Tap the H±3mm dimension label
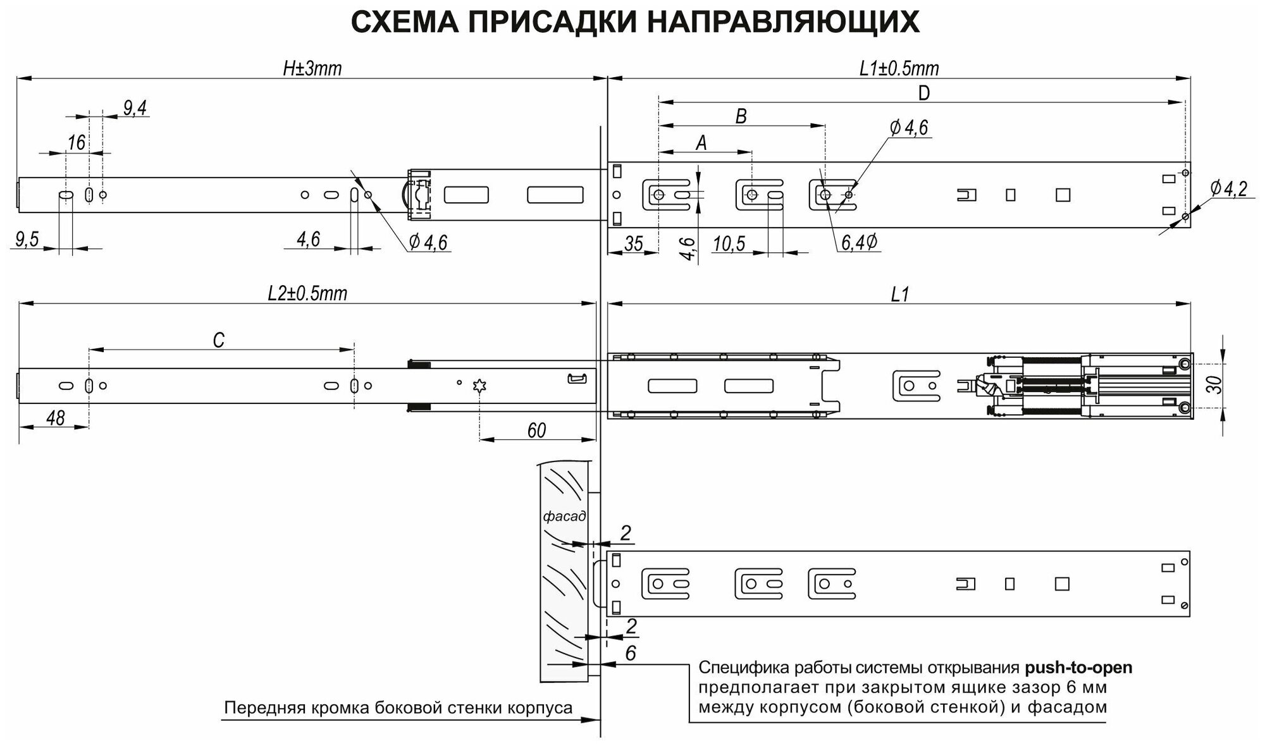pos(312,68)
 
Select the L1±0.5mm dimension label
pos(899,68)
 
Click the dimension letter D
pos(923,94)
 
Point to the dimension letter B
pos(741,116)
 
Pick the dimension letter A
pos(701,144)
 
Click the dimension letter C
pos(218,341)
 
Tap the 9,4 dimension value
pos(135,108)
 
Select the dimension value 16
pos(76,143)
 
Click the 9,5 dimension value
pos(27,239)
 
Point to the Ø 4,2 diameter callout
pos(1228,188)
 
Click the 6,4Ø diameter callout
pos(858,243)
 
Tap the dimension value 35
pos(633,243)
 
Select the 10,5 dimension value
pos(729,243)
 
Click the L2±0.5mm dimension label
pos(307,294)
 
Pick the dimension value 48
pos(56,418)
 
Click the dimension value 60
pos(536,431)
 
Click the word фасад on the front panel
pos(564,517)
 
